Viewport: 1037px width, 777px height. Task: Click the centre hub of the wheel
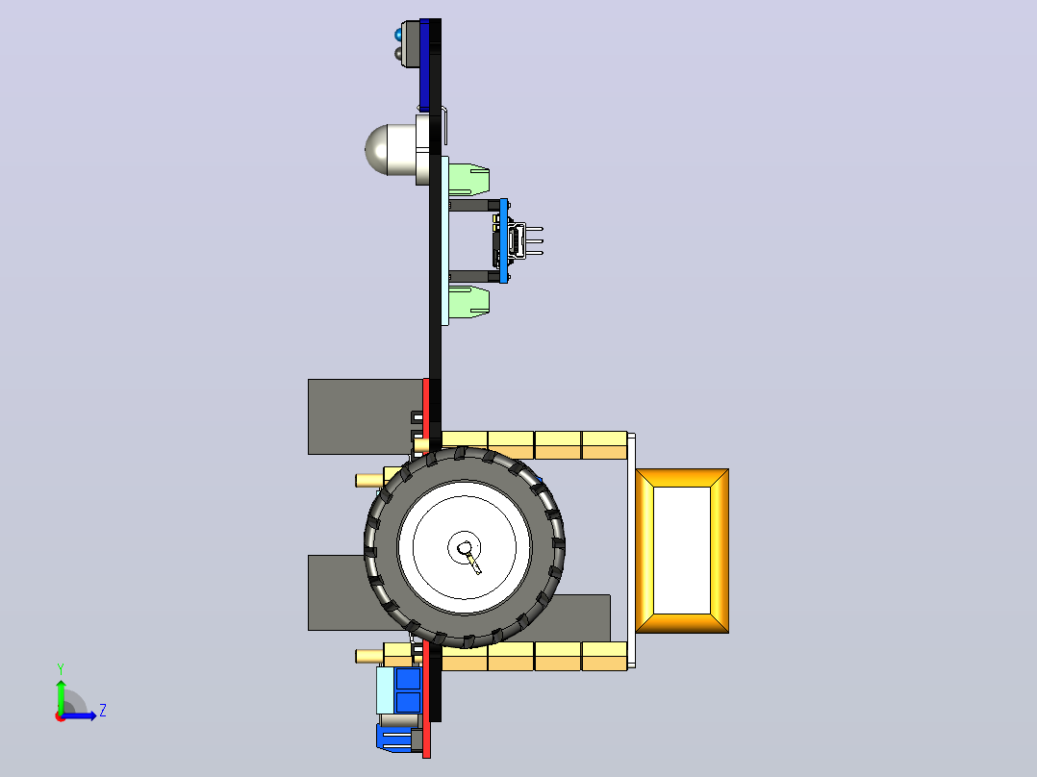[465, 547]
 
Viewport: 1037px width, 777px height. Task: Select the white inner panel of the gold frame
[682, 550]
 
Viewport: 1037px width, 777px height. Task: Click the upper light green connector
[468, 179]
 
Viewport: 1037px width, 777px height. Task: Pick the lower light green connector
[468, 302]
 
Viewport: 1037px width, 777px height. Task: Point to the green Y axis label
[61, 669]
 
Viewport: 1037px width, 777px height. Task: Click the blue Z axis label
[103, 711]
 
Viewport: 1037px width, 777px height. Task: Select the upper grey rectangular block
[366, 416]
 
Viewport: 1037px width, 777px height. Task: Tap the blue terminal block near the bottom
[408, 689]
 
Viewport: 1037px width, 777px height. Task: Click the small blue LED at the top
[398, 33]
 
